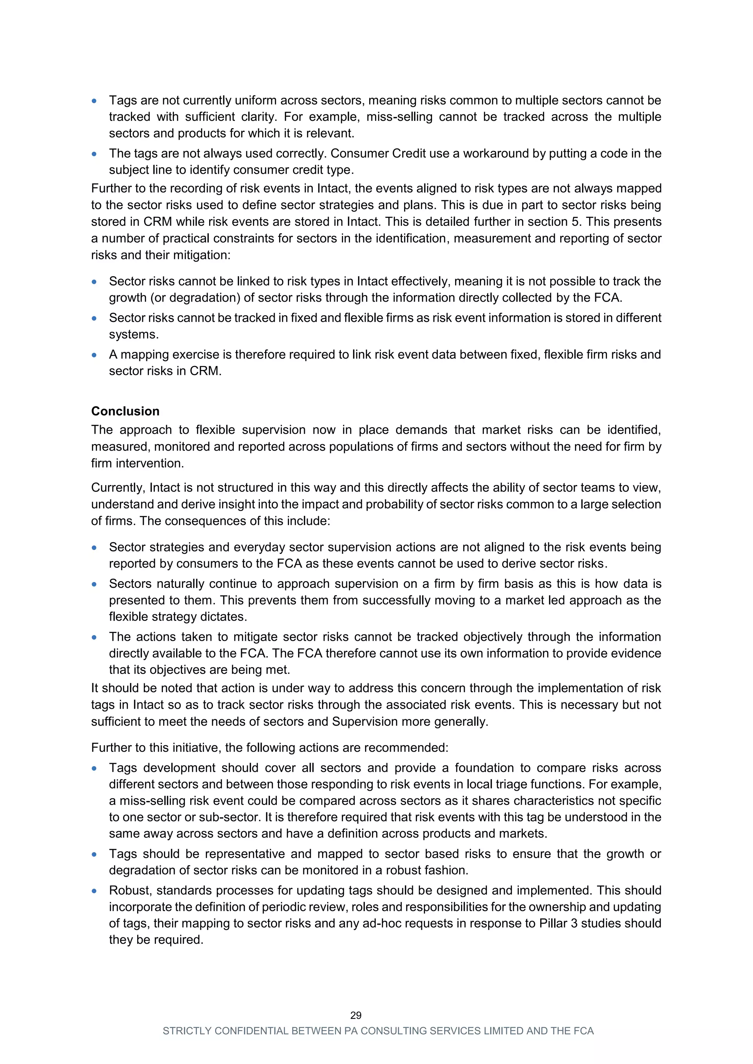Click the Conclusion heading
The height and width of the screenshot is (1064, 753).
[125, 411]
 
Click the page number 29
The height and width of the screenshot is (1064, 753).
[356, 1016]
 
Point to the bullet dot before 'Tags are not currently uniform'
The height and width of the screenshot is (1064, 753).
[94, 101]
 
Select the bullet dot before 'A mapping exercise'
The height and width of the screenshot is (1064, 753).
[94, 355]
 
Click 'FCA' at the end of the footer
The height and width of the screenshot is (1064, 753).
[583, 1031]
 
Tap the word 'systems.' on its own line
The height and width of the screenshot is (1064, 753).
[134, 334]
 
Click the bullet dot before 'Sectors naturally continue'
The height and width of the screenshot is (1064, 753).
[94, 584]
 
